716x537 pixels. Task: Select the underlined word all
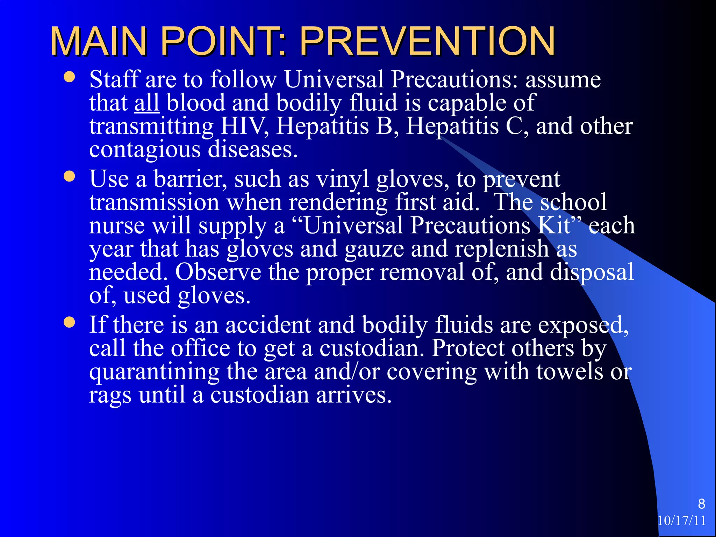coord(147,103)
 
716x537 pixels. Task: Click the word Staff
coord(114,79)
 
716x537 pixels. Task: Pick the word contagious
coord(145,150)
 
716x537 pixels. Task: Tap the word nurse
coord(117,225)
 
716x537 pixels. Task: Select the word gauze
coord(374,249)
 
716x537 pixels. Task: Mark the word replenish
coord(502,249)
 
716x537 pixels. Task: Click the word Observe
coord(218,272)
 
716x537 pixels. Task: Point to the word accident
coord(268,325)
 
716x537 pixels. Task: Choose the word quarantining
coord(154,372)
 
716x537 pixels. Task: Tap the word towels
coord(570,372)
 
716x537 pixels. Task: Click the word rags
coord(110,395)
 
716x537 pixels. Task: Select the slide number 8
coord(701,504)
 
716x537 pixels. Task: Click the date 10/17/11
coord(682,521)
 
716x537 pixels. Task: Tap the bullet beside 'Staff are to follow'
coord(70,77)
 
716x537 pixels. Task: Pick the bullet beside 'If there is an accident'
coord(70,322)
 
